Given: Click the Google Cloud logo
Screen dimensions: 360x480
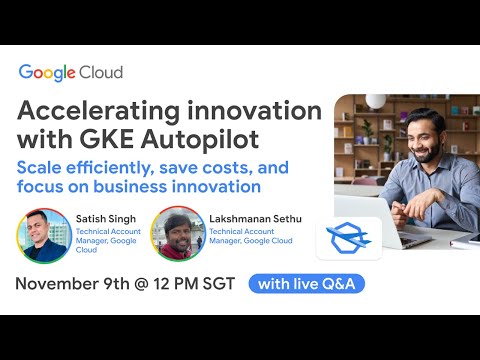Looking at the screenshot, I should point(70,72).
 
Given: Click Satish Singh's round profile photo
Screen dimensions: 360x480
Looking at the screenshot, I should point(42,234).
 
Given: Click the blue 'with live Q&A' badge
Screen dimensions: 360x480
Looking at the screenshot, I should point(306,283).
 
